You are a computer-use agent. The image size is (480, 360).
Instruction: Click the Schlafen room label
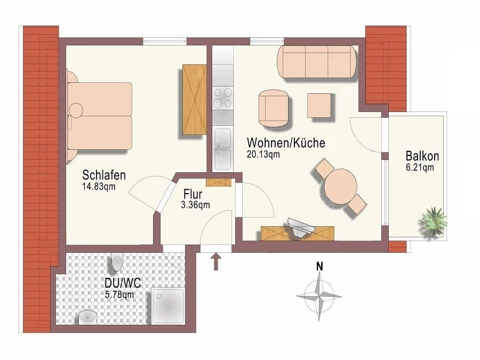click(104, 175)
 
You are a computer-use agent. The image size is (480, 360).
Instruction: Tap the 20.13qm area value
click(263, 154)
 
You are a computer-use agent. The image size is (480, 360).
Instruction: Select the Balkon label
click(422, 156)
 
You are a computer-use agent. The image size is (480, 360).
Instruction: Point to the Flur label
click(193, 194)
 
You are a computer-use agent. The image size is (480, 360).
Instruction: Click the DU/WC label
click(123, 283)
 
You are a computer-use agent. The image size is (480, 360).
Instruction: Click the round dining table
click(341, 187)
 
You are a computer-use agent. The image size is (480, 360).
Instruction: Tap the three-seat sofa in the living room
click(317, 62)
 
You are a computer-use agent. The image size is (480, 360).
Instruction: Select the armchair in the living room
click(274, 108)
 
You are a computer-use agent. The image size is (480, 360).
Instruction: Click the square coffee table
click(319, 106)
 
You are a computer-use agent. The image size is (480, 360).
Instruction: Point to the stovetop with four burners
click(223, 98)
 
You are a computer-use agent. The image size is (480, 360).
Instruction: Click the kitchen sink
click(222, 149)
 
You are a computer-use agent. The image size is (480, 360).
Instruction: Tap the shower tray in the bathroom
click(168, 306)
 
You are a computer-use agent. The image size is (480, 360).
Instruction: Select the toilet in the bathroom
click(117, 262)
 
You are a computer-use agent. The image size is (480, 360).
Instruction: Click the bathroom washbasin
click(88, 317)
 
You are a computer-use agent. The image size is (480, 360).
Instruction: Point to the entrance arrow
click(216, 261)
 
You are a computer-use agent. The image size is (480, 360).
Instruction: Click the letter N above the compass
click(319, 267)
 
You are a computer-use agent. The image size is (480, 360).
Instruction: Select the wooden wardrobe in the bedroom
click(194, 99)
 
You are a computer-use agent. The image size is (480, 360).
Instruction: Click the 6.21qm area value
click(420, 167)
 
